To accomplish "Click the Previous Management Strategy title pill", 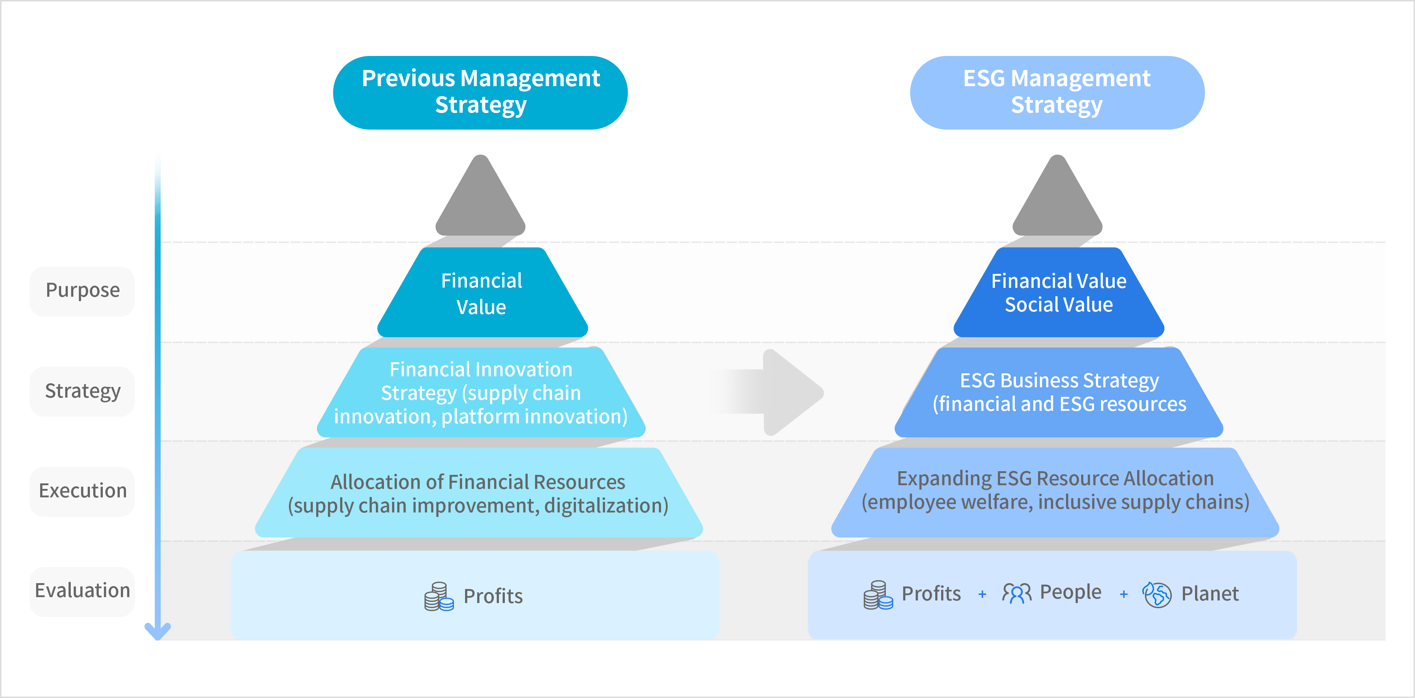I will point(480,92).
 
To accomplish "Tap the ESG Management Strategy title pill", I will point(1057,92).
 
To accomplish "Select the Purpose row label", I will point(83,291).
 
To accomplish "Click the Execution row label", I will point(83,491).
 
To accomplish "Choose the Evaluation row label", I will point(83,591).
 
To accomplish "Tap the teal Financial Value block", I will point(482,293).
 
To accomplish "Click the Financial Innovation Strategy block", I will point(481,393).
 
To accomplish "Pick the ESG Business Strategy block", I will point(1059,392).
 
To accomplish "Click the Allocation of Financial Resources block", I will point(478,493).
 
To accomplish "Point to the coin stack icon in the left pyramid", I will point(439,596).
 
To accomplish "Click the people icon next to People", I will point(1017,593).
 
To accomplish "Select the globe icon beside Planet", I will point(1157,594).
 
